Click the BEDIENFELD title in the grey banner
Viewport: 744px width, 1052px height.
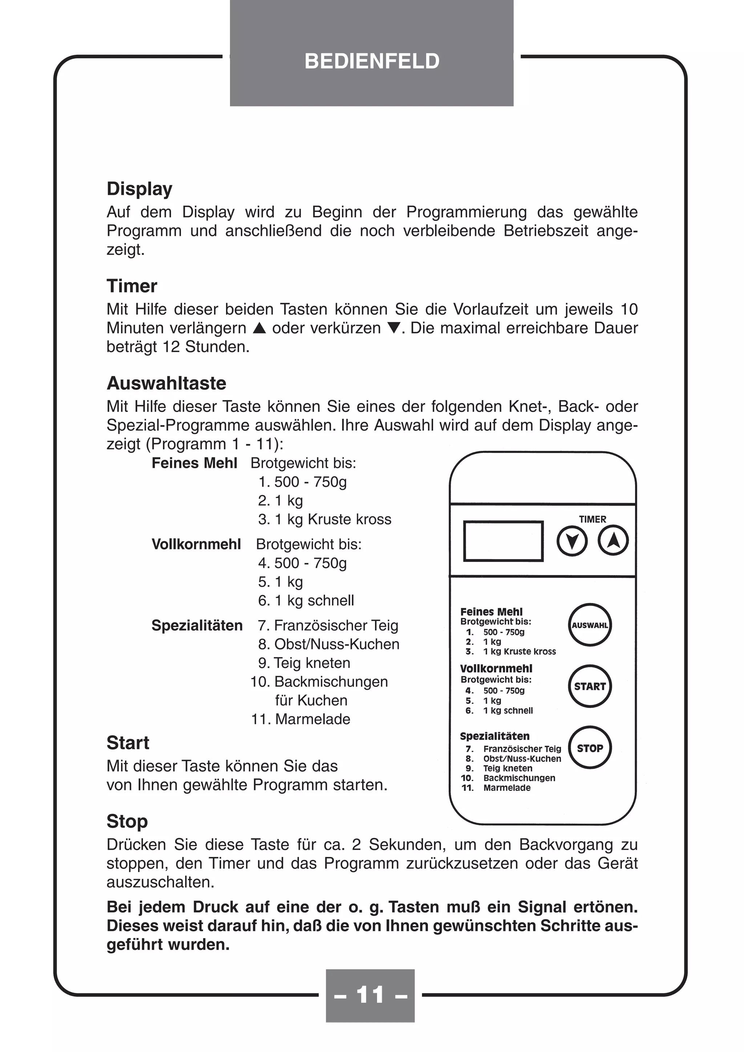[x=372, y=61]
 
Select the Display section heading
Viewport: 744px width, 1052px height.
[x=139, y=189]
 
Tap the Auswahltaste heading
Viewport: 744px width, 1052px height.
[x=166, y=383]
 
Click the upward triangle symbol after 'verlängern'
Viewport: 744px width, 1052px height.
[x=259, y=328]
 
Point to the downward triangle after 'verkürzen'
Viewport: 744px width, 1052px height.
[x=394, y=328]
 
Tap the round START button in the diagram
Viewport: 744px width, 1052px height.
[x=590, y=686]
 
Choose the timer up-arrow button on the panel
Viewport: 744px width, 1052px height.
[x=613, y=541]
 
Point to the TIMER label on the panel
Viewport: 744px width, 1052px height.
[x=592, y=519]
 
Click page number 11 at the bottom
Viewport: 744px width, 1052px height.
[x=370, y=995]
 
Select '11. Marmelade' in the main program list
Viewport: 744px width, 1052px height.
[x=301, y=719]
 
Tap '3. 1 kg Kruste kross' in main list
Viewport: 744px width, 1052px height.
[x=324, y=519]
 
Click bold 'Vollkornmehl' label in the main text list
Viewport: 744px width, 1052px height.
[x=196, y=544]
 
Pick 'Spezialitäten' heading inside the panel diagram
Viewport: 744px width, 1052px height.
[x=495, y=736]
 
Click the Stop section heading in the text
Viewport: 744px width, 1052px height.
[x=127, y=821]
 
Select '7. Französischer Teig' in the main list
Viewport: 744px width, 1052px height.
[x=328, y=625]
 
